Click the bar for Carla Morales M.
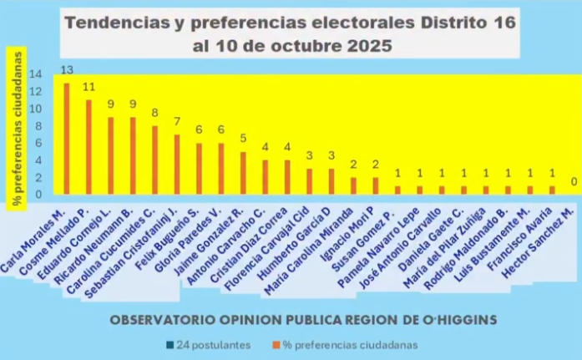click(x=67, y=139)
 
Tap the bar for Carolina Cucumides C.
click(x=154, y=160)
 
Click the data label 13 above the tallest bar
click(x=67, y=70)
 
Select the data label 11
click(x=89, y=87)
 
